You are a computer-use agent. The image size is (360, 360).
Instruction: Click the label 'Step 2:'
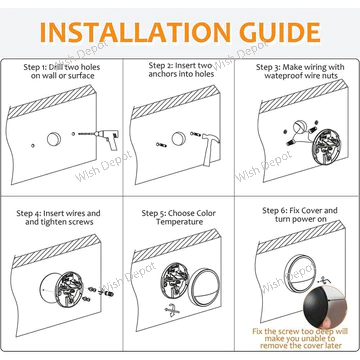(152, 65)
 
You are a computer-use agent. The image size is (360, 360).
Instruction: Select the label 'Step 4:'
(33, 213)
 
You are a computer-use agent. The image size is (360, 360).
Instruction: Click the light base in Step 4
(71, 285)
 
